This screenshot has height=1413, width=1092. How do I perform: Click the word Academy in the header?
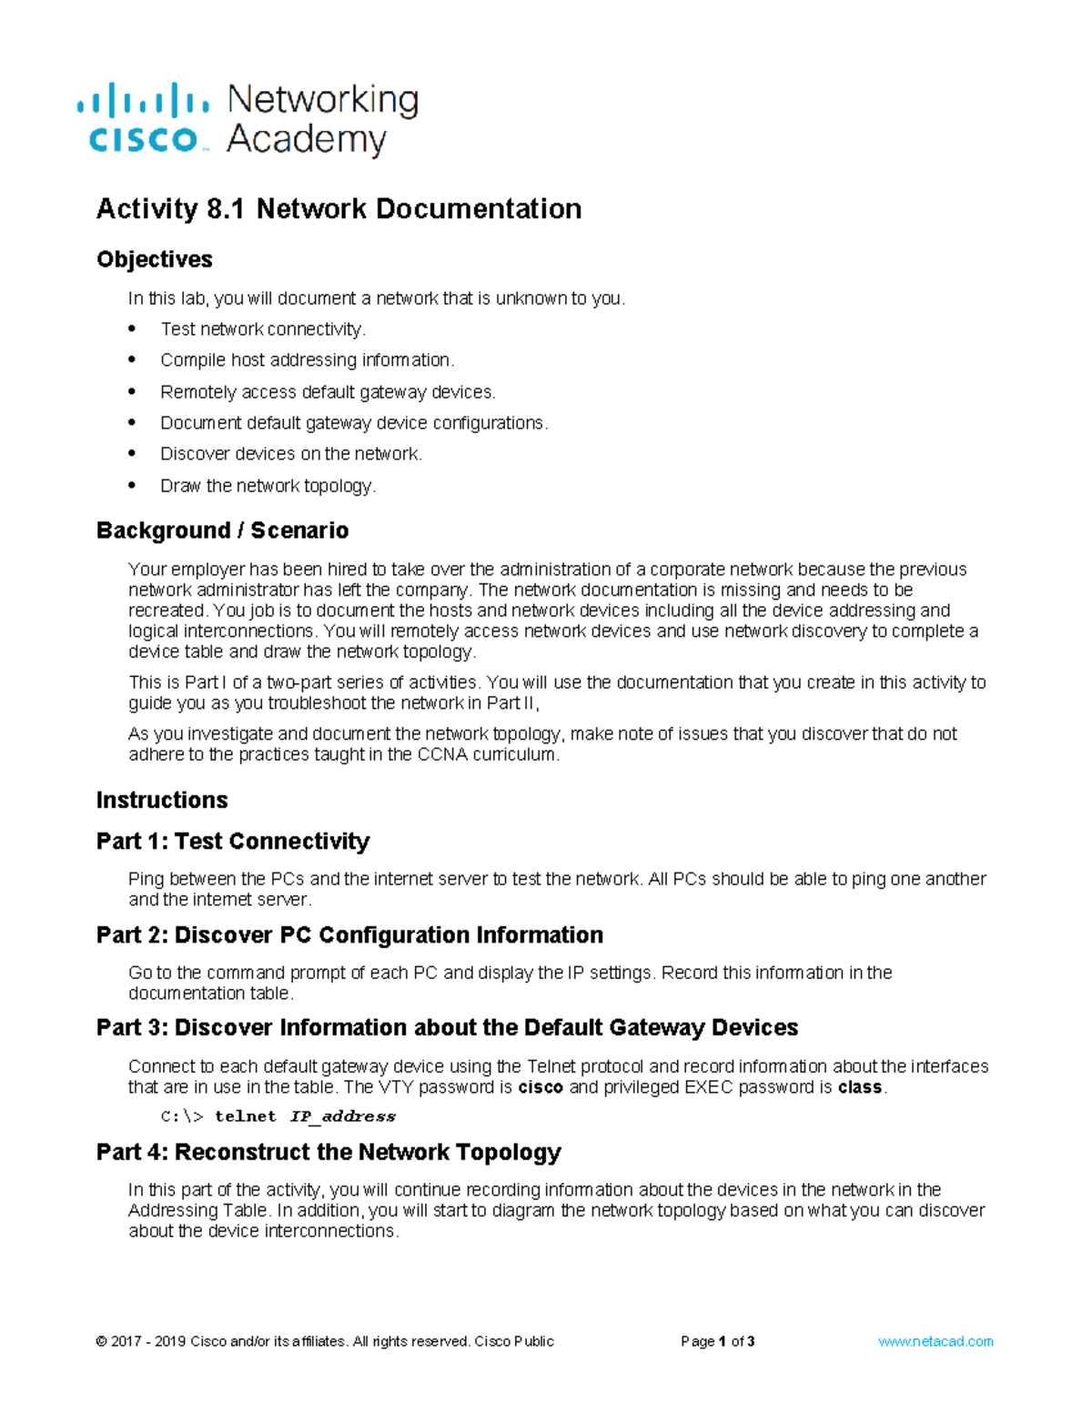tap(307, 140)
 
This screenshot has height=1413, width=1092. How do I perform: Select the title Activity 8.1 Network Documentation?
tap(339, 209)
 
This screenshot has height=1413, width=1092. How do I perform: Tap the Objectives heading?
tap(154, 259)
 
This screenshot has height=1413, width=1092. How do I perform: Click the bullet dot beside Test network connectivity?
tap(133, 328)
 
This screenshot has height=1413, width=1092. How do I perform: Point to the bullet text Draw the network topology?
tap(268, 486)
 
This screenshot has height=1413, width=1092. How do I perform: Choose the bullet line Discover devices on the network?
tap(291, 454)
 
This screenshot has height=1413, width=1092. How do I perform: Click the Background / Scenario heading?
tap(222, 530)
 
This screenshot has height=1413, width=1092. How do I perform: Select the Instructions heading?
tap(162, 800)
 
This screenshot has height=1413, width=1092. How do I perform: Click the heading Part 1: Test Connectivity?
tap(233, 842)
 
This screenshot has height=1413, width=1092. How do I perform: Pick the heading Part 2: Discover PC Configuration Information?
tap(349, 935)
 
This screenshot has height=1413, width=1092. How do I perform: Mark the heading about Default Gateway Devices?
tap(447, 1028)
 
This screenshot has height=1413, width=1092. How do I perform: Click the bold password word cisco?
tap(541, 1087)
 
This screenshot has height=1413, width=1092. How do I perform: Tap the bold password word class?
tap(860, 1087)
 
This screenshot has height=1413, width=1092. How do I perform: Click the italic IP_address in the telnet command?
tap(342, 1116)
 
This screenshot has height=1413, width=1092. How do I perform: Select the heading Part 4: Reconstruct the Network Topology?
tap(329, 1153)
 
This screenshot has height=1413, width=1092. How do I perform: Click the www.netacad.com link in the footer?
tap(935, 1341)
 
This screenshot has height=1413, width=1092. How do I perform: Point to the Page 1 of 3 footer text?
tap(717, 1341)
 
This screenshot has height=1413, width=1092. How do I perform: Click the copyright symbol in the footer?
tap(101, 1341)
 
